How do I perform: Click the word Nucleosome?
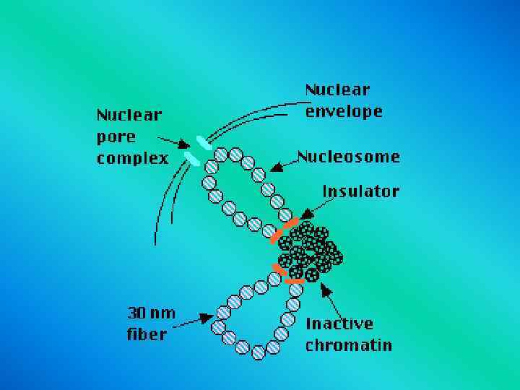pyautogui.click(x=349, y=157)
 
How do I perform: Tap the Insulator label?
pyautogui.click(x=360, y=191)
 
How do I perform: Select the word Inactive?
pyautogui.click(x=339, y=323)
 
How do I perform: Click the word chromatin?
pyautogui.click(x=348, y=344)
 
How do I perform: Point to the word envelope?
pyautogui.click(x=343, y=112)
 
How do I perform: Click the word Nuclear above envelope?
pyautogui.click(x=337, y=90)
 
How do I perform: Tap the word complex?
pyautogui.click(x=132, y=158)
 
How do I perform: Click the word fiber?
pyautogui.click(x=146, y=334)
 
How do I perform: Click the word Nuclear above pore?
pyautogui.click(x=129, y=114)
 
